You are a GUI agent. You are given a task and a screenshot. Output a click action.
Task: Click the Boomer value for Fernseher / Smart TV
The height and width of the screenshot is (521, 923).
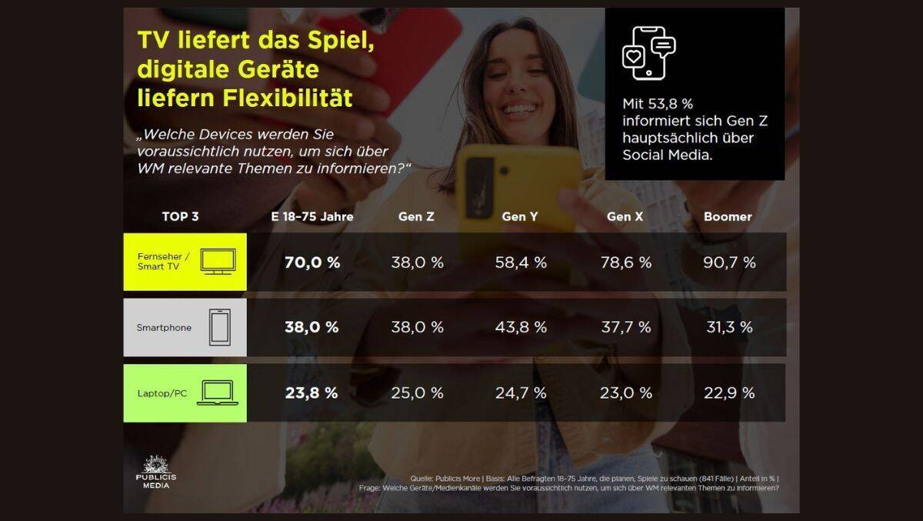coord(729,262)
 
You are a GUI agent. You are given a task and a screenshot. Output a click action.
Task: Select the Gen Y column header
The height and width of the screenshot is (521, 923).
coord(520,217)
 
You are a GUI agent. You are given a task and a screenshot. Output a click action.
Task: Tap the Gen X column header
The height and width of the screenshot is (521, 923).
coord(625,217)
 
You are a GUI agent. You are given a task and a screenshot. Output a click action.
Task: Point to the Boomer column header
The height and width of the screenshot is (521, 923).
coord(728,217)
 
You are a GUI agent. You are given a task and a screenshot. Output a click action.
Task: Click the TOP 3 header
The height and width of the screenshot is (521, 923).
coord(181,217)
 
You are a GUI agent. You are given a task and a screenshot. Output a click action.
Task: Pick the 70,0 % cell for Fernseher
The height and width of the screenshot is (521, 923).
coord(312,262)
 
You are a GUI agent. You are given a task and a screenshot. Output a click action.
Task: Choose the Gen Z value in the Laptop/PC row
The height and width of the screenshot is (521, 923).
coord(417,393)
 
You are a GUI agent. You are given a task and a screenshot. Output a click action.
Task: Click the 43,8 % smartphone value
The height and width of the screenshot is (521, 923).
coord(521,327)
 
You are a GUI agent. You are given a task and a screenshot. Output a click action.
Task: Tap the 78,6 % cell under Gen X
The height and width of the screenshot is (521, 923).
coord(625,262)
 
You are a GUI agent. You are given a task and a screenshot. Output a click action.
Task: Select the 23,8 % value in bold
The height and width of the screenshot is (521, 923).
coord(312,393)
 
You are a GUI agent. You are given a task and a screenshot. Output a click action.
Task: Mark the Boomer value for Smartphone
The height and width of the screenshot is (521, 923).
coord(729,327)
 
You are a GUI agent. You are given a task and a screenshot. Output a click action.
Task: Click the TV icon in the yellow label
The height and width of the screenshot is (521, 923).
coord(218,262)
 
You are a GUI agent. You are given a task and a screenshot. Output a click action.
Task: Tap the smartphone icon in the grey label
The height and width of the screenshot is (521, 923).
coord(220,327)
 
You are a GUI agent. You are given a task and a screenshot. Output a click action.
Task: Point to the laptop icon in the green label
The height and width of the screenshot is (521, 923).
coord(218,393)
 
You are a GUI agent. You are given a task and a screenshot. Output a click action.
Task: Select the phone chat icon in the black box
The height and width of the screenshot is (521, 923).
coord(648,52)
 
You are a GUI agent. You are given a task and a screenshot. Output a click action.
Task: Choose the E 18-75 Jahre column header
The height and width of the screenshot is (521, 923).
coord(312,217)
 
